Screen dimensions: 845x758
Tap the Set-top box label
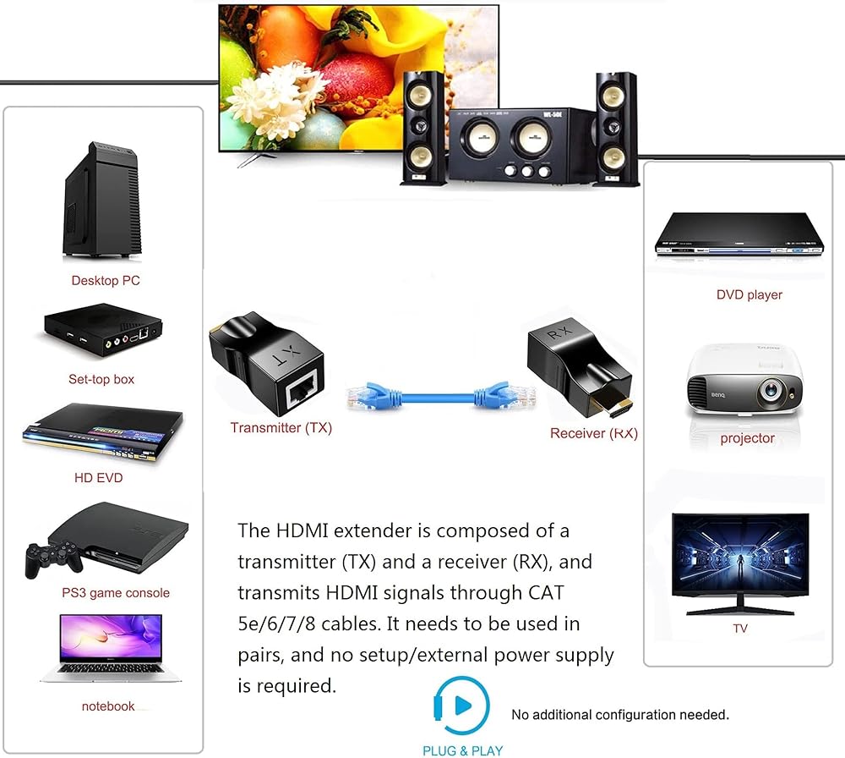coord(101,379)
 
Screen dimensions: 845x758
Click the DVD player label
coord(749,294)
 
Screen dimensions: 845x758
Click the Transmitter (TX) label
coord(281,428)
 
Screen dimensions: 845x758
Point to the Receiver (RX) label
coord(593,433)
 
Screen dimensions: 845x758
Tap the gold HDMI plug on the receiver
coord(614,409)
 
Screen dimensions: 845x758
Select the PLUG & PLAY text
coord(462,750)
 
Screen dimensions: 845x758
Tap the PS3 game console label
coord(116,593)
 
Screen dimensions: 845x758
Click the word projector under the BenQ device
coord(747,438)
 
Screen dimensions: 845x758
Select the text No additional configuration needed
coord(619,715)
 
